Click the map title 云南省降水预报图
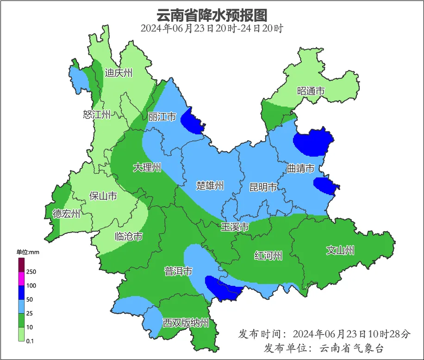tap(212, 15)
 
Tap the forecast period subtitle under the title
tap(212, 28)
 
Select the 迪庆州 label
tap(118, 73)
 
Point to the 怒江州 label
tap(97, 114)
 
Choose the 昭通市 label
tap(311, 91)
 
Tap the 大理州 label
tap(147, 167)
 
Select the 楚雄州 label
tap(210, 186)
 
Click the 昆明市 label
tap(263, 187)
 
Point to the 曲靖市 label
tap(300, 168)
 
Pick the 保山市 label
tap(103, 196)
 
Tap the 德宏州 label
tap(66, 214)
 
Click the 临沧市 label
tap(128, 237)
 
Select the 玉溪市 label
tap(235, 227)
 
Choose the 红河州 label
tap(268, 255)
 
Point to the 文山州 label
tap(340, 251)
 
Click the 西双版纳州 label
tap(186, 323)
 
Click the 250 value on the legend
tap(31, 272)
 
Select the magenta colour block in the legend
tap(21, 278)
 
